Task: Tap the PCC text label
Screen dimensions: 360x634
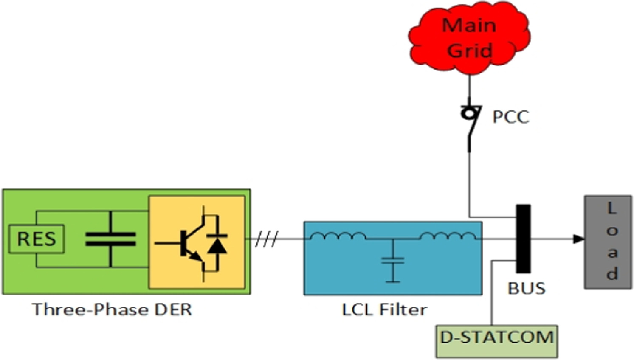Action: pyautogui.click(x=510, y=117)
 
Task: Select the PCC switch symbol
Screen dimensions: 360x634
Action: pyautogui.click(x=471, y=123)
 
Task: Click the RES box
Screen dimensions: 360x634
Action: pyautogui.click(x=37, y=239)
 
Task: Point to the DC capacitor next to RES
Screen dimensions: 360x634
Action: pyautogui.click(x=110, y=239)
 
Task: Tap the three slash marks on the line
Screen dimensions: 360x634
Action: pyautogui.click(x=267, y=239)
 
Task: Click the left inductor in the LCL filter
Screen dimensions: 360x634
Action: pyautogui.click(x=338, y=236)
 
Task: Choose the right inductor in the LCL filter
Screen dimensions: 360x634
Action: pyautogui.click(x=448, y=236)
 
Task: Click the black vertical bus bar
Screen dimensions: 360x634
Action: pyautogui.click(x=523, y=239)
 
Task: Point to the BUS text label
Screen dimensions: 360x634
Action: pyautogui.click(x=526, y=289)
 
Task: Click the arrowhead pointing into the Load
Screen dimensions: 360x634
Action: pyautogui.click(x=578, y=239)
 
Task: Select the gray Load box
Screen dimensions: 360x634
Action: pyautogui.click(x=608, y=242)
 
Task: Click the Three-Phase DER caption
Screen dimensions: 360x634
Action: pyautogui.click(x=112, y=309)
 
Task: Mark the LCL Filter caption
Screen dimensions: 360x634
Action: pyautogui.click(x=384, y=309)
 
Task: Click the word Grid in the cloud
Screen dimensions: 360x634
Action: pyautogui.click(x=470, y=51)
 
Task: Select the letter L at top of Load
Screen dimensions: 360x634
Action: pyautogui.click(x=611, y=208)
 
